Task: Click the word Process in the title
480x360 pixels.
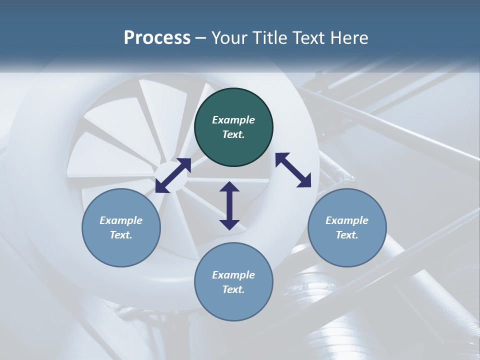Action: click(157, 38)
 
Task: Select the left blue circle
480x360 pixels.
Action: click(121, 227)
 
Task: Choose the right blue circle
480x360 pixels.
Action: click(347, 227)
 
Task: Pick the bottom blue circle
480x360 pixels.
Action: click(233, 282)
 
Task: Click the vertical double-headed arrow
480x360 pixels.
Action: click(229, 205)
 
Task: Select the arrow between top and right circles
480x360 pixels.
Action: click(293, 170)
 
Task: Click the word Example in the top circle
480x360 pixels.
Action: click(233, 120)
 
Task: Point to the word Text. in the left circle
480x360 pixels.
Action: click(121, 235)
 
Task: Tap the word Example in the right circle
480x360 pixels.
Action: click(347, 220)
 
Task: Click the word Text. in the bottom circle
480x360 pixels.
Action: click(233, 289)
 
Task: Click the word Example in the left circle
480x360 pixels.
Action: click(121, 220)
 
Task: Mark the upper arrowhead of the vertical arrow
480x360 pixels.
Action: click(229, 187)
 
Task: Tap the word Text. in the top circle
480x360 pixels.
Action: click(233, 134)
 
